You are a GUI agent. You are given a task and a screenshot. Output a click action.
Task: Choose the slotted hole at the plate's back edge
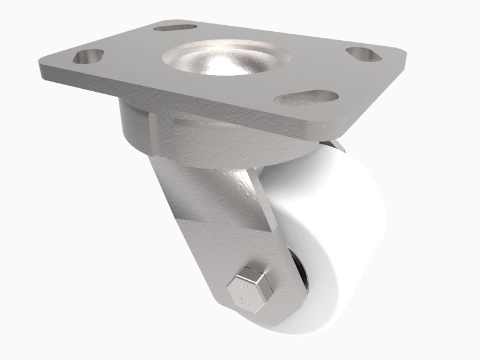[176, 27]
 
